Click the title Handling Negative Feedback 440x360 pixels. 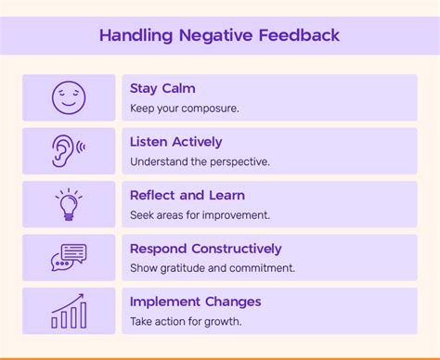point(219,36)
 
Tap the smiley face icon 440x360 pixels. point(68,97)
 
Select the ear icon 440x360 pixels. point(68,150)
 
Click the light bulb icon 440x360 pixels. point(68,204)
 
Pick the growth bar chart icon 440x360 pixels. point(68,311)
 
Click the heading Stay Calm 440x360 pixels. point(162,88)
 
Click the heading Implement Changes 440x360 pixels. point(195,302)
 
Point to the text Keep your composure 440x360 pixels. point(185,108)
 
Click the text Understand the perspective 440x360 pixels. point(200,161)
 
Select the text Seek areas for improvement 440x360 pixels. point(200,214)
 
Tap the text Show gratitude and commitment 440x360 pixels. point(212,268)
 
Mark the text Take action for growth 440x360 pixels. point(186,321)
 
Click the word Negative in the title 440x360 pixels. point(219,36)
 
